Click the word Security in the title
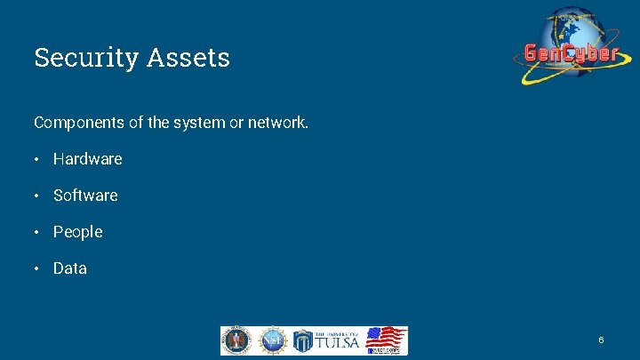pyautogui.click(x=75, y=58)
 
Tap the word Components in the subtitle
pyautogui.click(x=79, y=123)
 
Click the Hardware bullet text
pyautogui.click(x=87, y=159)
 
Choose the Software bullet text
pyautogui.click(x=85, y=196)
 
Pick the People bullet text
pyautogui.click(x=78, y=232)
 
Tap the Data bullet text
pyautogui.click(x=70, y=268)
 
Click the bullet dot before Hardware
pyautogui.click(x=38, y=160)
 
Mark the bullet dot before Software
pyautogui.click(x=38, y=196)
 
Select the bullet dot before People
pyautogui.click(x=38, y=233)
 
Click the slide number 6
pyautogui.click(x=602, y=340)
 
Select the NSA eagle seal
pyautogui.click(x=236, y=340)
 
